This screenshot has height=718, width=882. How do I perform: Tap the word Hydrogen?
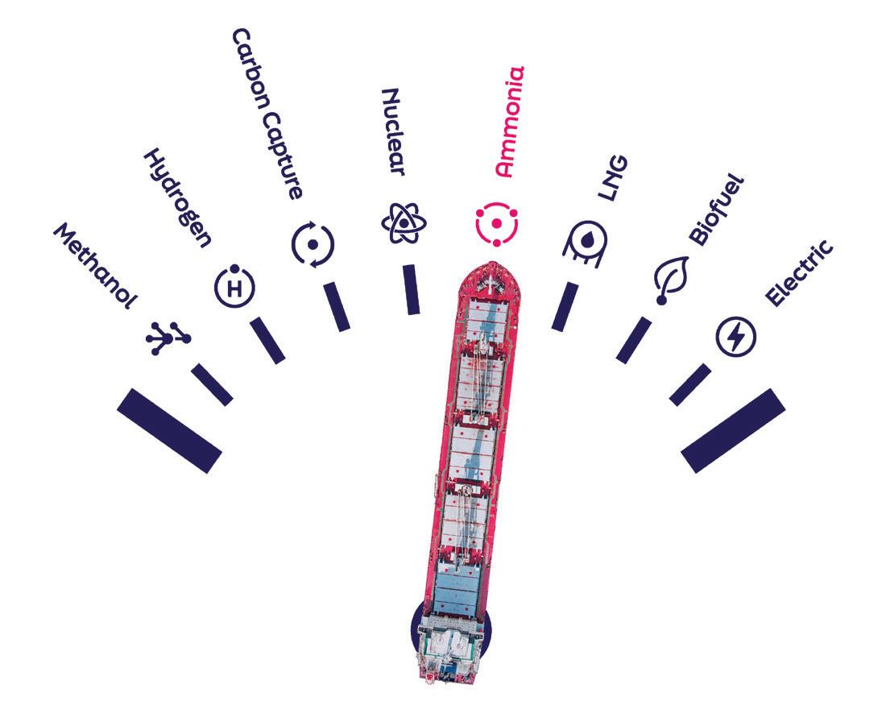[x=178, y=196]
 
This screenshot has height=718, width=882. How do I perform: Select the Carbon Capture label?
[x=267, y=113]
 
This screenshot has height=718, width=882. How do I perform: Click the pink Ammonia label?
[x=510, y=122]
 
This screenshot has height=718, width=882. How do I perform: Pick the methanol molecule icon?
[x=168, y=338]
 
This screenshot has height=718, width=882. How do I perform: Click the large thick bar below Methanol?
[x=169, y=430]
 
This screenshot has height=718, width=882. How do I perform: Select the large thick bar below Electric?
[x=733, y=430]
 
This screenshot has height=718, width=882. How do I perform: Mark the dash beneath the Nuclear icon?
[x=411, y=288]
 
